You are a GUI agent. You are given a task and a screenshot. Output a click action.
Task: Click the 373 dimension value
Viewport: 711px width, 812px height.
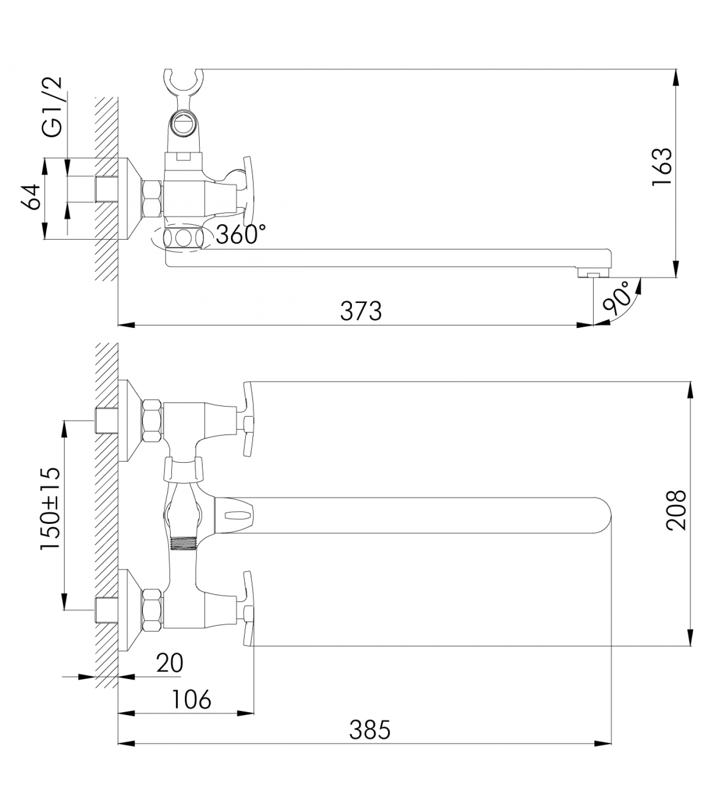(x=361, y=311)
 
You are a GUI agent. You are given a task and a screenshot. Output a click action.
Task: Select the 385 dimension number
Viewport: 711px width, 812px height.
(x=370, y=730)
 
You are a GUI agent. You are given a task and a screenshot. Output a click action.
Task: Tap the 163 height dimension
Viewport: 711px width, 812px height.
(x=662, y=167)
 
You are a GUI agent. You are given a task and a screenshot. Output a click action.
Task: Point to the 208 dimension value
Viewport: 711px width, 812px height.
(x=676, y=511)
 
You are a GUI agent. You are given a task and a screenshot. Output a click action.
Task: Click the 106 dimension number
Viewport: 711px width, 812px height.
(x=191, y=699)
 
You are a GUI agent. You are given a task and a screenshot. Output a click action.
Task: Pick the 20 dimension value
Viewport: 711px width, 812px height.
(x=169, y=663)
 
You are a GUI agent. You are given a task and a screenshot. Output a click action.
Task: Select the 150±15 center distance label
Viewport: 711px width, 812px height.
(x=50, y=509)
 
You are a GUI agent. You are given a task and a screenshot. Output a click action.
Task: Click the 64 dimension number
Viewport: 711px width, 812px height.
(x=31, y=197)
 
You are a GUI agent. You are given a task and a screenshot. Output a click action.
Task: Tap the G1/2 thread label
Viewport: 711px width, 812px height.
(x=52, y=107)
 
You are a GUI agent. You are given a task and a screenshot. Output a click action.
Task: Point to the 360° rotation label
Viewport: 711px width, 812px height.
(x=241, y=234)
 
